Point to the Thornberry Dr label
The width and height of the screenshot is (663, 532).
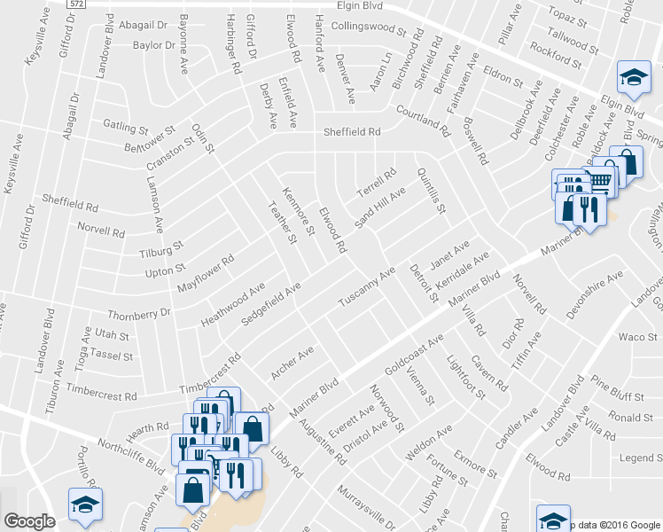[x=138, y=314]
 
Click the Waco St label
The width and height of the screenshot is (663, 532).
[x=637, y=337]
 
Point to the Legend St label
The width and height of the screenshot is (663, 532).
[x=640, y=458]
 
